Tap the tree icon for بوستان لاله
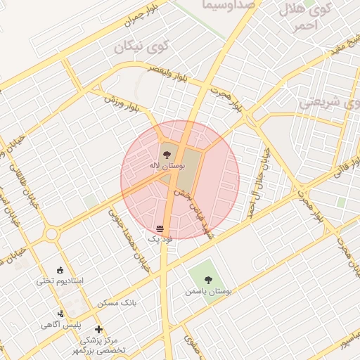pos(166,152)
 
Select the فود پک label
pos(160,240)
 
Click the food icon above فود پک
pos(160,229)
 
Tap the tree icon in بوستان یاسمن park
pos(206,279)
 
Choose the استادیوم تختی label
pos(60,281)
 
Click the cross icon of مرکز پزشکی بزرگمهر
pos(98,329)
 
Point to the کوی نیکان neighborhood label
pos(142,49)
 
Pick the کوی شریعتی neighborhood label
pos(329,101)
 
